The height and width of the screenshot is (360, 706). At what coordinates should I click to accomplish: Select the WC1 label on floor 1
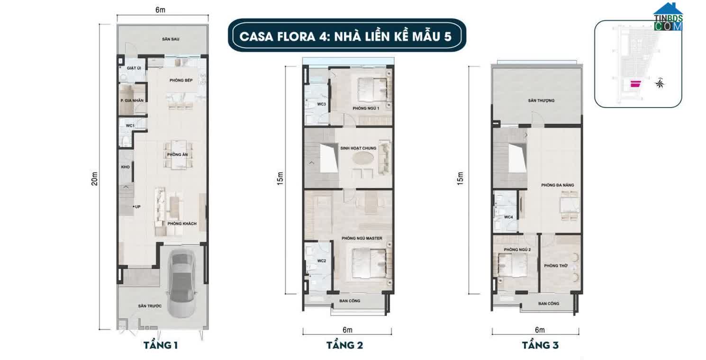129,126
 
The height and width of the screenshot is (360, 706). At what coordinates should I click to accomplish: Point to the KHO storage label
126,167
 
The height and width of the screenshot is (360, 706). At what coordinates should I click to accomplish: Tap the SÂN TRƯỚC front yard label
150,306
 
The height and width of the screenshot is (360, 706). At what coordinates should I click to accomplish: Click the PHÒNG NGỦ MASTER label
365,238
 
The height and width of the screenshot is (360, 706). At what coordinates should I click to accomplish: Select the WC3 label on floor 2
321,104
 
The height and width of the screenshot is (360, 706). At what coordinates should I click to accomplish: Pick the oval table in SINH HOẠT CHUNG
364,157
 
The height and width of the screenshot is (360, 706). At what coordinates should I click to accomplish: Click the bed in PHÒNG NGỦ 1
371,90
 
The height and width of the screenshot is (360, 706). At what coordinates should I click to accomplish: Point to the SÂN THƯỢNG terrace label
541,100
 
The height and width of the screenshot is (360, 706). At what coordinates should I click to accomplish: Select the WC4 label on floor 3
508,217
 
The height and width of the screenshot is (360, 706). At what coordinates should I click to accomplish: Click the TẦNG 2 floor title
344,345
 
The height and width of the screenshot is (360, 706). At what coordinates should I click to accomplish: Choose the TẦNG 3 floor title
540,345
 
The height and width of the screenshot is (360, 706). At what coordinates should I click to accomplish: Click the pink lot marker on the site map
634,84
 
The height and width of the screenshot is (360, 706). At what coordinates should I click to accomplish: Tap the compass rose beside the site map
659,84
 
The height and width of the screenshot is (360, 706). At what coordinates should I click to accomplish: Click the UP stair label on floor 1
137,207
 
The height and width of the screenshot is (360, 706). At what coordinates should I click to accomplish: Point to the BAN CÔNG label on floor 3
549,303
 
